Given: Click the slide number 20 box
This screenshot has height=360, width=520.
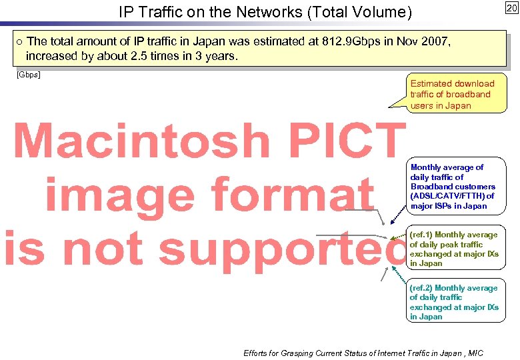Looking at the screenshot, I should pyautogui.click(x=511, y=8).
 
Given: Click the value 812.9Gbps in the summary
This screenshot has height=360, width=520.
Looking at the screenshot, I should pyautogui.click(x=349, y=42).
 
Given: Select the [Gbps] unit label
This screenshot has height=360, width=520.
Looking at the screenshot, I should pyautogui.click(x=27, y=74).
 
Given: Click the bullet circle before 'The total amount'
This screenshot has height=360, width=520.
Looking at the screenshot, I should pyautogui.click(x=19, y=42).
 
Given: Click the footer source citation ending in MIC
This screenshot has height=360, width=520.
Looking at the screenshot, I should pyautogui.click(x=363, y=353).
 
